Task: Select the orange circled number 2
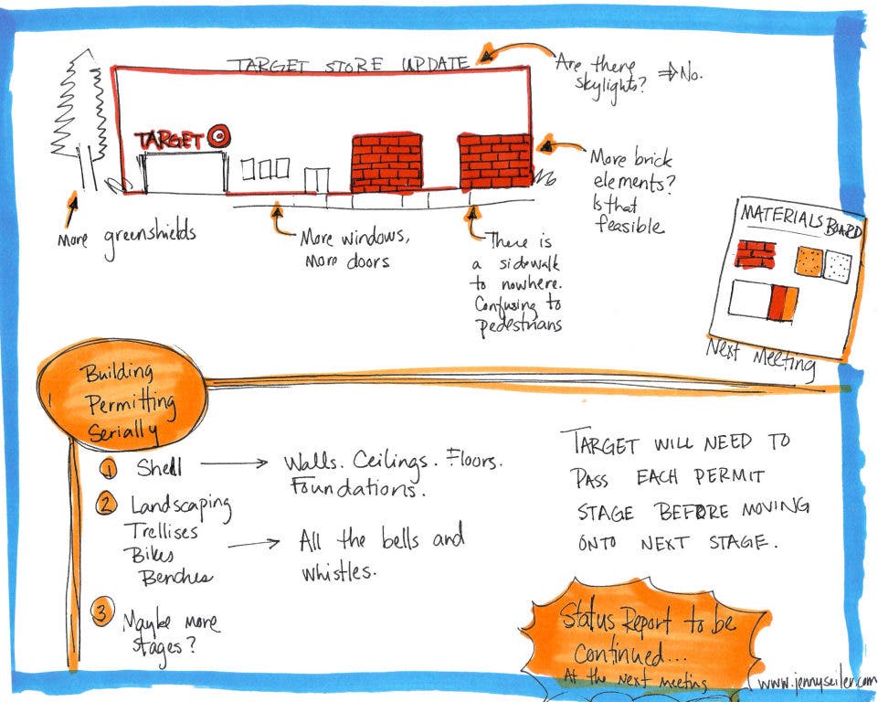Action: (x=109, y=503)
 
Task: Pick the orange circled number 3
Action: (x=102, y=613)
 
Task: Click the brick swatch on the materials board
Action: (x=755, y=252)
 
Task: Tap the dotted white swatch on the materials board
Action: (x=838, y=266)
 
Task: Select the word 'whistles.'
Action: (x=337, y=572)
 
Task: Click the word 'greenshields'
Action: (x=145, y=237)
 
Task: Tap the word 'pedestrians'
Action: (x=518, y=325)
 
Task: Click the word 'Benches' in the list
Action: (x=175, y=577)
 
